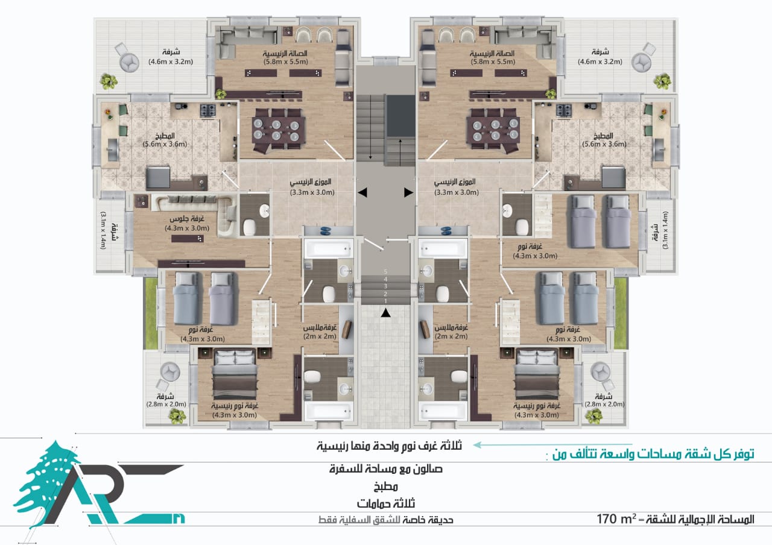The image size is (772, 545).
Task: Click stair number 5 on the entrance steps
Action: [385, 272]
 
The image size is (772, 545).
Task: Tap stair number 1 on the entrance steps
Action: [385, 301]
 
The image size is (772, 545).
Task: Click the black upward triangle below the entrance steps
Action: [385, 313]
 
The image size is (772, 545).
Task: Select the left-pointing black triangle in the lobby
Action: [362, 192]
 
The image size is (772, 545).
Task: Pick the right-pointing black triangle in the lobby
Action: [408, 192]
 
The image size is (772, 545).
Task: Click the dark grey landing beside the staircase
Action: [400, 116]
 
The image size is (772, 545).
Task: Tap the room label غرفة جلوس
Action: [187, 219]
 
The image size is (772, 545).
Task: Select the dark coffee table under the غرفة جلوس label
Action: [187, 238]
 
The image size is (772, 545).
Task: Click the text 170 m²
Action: [616, 519]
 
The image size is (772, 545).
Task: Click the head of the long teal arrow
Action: [477, 445]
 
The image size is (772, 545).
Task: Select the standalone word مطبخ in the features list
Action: [386, 487]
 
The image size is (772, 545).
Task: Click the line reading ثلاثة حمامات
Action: [386, 503]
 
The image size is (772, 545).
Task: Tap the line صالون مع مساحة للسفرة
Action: [386, 469]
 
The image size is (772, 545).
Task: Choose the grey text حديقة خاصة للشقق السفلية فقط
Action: [386, 520]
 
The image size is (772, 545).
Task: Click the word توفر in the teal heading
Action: [742, 454]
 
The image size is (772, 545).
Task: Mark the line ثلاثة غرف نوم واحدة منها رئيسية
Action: [390, 446]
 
